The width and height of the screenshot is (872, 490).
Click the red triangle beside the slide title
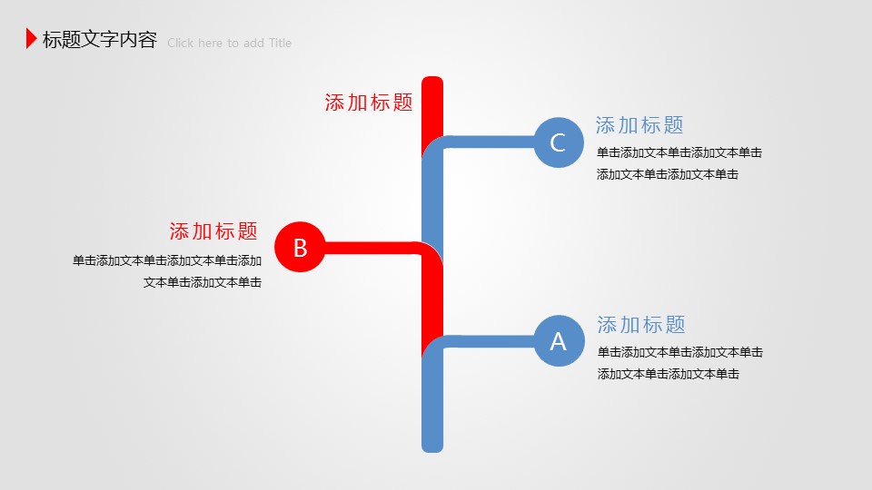[x=31, y=38]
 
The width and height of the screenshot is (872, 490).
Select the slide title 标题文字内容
[x=100, y=39]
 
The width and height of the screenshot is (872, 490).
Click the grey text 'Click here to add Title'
[x=229, y=43]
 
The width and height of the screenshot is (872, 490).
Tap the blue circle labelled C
[x=559, y=142]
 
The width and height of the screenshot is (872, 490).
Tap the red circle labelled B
[x=300, y=247]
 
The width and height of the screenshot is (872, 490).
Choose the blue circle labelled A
[x=559, y=340]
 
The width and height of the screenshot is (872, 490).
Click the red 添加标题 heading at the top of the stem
[x=369, y=103]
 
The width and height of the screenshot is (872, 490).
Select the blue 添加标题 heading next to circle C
[x=639, y=125]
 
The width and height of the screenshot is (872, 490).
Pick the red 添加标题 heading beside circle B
[x=213, y=231]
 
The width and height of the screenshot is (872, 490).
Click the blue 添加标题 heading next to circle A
[x=641, y=325]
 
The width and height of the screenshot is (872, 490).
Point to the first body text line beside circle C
[x=679, y=152]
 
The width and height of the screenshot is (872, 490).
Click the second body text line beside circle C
[x=668, y=174]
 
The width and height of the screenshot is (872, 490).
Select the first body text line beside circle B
[x=167, y=260]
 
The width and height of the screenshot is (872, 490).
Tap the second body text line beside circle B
[x=203, y=282]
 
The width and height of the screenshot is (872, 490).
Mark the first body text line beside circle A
[x=680, y=352]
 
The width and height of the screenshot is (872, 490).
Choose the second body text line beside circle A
[x=669, y=374]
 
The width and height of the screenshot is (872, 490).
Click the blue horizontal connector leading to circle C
[x=490, y=142]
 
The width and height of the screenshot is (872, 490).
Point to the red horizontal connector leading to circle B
[x=372, y=248]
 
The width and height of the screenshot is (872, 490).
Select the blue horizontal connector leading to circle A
[x=490, y=342]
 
